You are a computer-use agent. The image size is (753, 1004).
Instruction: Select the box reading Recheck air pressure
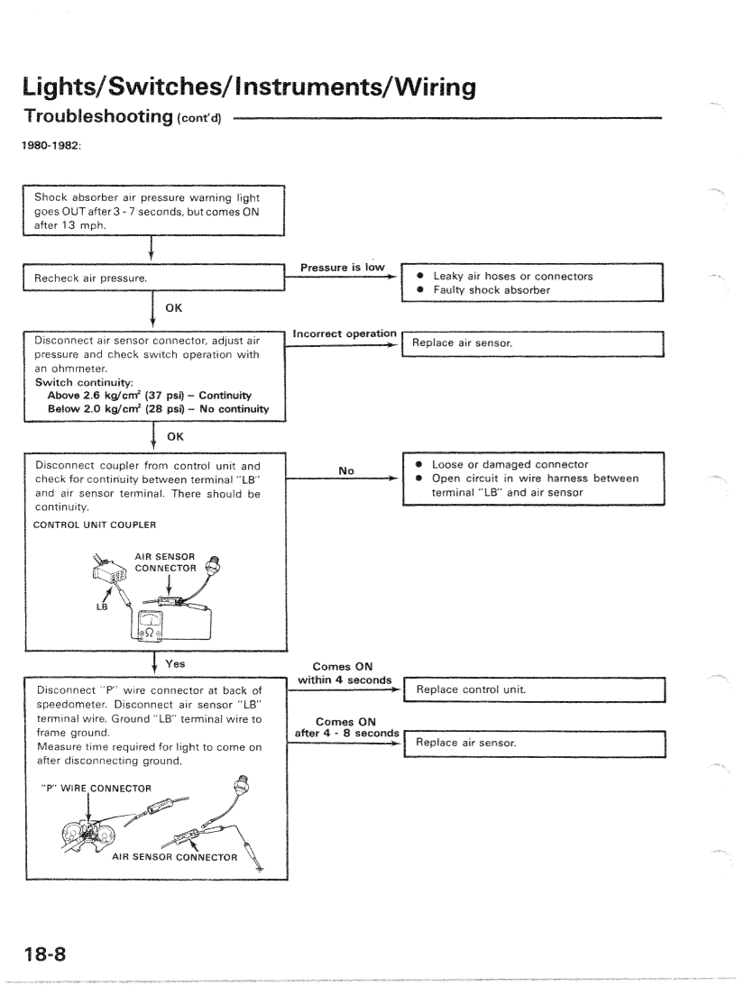153,278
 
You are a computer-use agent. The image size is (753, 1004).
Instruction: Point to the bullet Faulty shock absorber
491,290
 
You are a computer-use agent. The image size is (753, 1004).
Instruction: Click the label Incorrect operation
344,333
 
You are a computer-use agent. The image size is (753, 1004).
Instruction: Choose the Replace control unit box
535,689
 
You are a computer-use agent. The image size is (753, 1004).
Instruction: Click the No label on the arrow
344,470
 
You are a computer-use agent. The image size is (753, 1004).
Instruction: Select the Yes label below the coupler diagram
174,662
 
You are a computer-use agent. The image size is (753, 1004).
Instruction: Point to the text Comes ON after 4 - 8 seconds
346,726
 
